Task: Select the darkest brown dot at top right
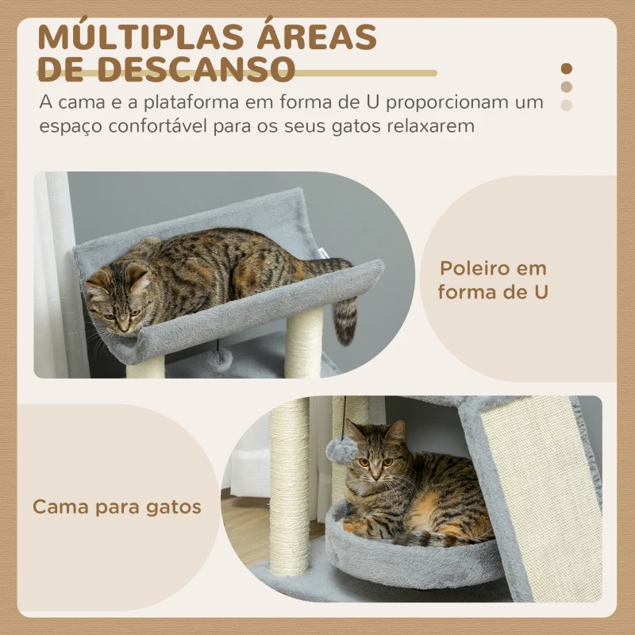(566, 69)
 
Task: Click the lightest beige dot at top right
(566, 105)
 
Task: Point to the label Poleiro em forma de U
(492, 280)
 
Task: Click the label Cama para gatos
(117, 506)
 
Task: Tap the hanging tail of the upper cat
(345, 317)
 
